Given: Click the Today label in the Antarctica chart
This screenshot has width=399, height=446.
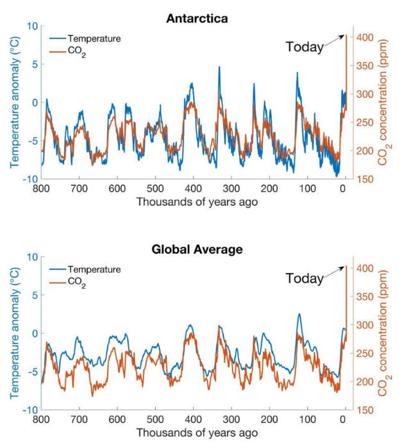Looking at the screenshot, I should pyautogui.click(x=304, y=47).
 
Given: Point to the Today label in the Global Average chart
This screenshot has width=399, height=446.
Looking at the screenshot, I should pyautogui.click(x=304, y=278).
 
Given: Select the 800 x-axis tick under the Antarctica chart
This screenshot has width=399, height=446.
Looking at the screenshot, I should pyautogui.click(x=42, y=188).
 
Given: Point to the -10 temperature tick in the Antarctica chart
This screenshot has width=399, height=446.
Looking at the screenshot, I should pyautogui.click(x=31, y=179).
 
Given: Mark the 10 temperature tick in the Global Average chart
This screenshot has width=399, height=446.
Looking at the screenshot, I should pyautogui.click(x=33, y=256).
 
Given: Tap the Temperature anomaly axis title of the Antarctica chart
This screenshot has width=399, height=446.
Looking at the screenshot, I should pyautogui.click(x=13, y=102).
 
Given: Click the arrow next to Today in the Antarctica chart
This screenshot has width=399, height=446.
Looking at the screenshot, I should pyautogui.click(x=334, y=41).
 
